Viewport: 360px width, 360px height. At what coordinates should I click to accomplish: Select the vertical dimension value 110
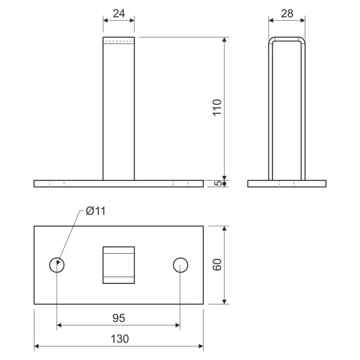click(217, 108)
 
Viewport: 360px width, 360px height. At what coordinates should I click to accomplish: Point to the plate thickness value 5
click(218, 183)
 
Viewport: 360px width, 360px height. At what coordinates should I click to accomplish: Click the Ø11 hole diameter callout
click(96, 211)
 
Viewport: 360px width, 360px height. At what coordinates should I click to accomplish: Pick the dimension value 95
click(119, 318)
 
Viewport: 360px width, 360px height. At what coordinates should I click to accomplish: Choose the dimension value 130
click(119, 339)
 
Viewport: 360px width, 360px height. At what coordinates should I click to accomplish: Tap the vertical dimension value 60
click(217, 264)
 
